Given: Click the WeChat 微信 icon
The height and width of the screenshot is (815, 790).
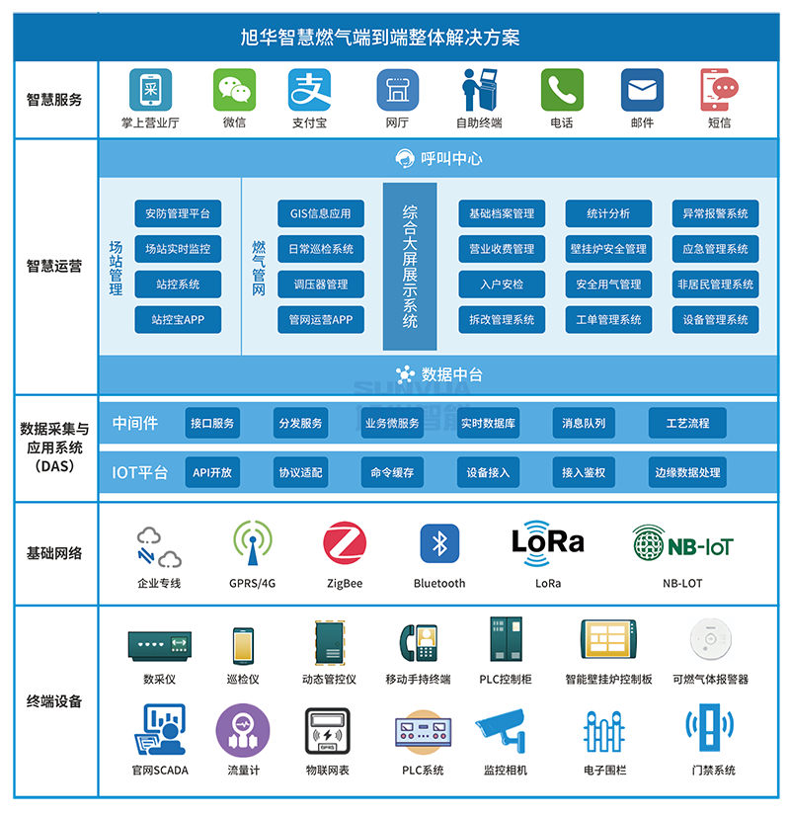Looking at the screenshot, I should tap(234, 90).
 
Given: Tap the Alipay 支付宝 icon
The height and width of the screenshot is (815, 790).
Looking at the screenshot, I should tap(309, 90).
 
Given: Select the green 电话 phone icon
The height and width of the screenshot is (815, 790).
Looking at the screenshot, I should tap(562, 90).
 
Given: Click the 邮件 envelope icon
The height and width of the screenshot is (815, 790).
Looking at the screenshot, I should tap(642, 90).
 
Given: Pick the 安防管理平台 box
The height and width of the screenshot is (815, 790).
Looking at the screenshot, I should tap(178, 213).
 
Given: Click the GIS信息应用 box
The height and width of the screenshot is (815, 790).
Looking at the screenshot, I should tap(321, 213).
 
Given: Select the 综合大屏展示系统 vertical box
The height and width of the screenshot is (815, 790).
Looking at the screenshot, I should tap(410, 266).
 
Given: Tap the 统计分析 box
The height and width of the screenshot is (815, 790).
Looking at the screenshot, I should tap(608, 213).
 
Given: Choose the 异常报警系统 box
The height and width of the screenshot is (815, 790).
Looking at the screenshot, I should tap(715, 213).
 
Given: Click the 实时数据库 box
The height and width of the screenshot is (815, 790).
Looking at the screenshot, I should tap(488, 423).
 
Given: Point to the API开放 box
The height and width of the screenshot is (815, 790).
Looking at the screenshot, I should tap(212, 472).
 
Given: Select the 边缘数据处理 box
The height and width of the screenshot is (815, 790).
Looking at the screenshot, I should tap(687, 472).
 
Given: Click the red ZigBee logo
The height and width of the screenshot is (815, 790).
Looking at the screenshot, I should tap(345, 544).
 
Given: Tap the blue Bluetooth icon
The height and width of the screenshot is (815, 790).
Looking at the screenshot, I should tap(439, 543).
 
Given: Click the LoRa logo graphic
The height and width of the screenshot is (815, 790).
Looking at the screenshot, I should tap(548, 542).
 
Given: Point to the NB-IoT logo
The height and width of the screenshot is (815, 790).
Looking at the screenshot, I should tap(682, 544).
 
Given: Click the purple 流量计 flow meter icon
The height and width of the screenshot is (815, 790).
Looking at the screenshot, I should tap(243, 731).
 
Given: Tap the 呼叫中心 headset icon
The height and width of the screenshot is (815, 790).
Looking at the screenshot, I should tap(405, 158).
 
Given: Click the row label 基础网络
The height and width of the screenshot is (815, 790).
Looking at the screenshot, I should tap(55, 553).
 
